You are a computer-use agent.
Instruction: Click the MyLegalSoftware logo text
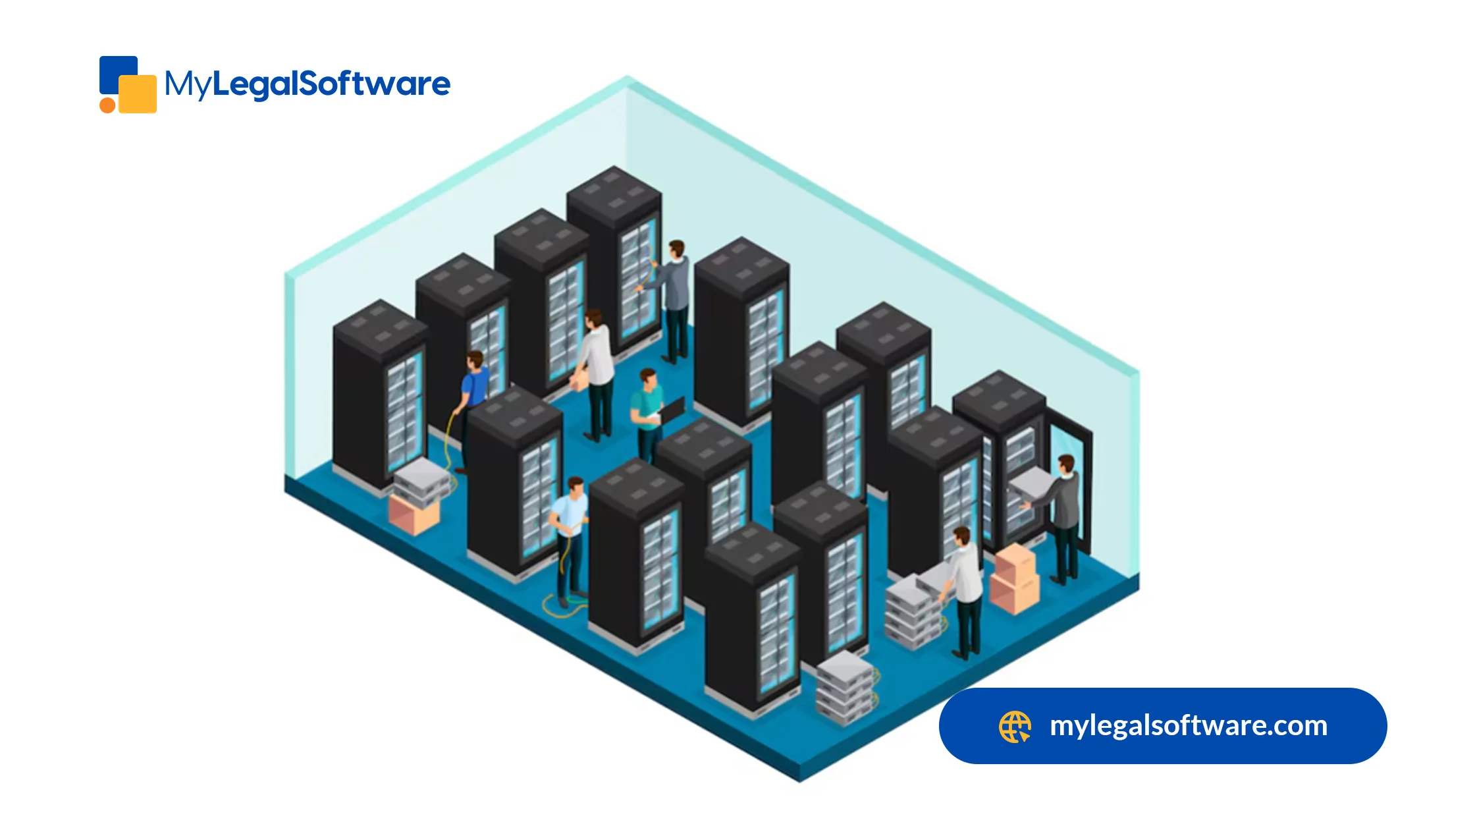307,84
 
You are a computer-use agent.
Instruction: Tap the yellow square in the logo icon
138,94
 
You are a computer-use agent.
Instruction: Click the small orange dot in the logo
107,105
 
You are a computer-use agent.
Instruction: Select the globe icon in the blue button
1014,727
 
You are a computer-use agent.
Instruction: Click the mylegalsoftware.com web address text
1188,726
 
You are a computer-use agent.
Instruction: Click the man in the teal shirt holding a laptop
647,412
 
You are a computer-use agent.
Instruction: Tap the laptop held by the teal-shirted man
672,410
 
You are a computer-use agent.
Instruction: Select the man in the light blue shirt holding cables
570,534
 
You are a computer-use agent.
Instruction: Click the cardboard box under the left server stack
414,514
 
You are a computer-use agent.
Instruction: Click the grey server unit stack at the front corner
845,688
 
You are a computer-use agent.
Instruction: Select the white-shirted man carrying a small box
597,369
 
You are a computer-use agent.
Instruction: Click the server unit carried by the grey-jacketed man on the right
1031,484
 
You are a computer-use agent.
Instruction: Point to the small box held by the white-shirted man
579,381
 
